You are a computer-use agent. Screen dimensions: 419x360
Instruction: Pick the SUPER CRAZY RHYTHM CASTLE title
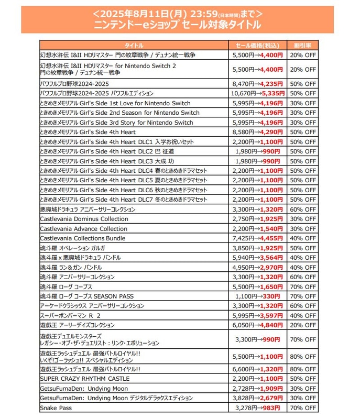click(x=84, y=379)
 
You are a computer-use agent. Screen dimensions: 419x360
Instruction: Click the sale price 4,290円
click(x=271, y=132)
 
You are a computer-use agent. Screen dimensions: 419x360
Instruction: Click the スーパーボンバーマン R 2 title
click(x=70, y=316)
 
